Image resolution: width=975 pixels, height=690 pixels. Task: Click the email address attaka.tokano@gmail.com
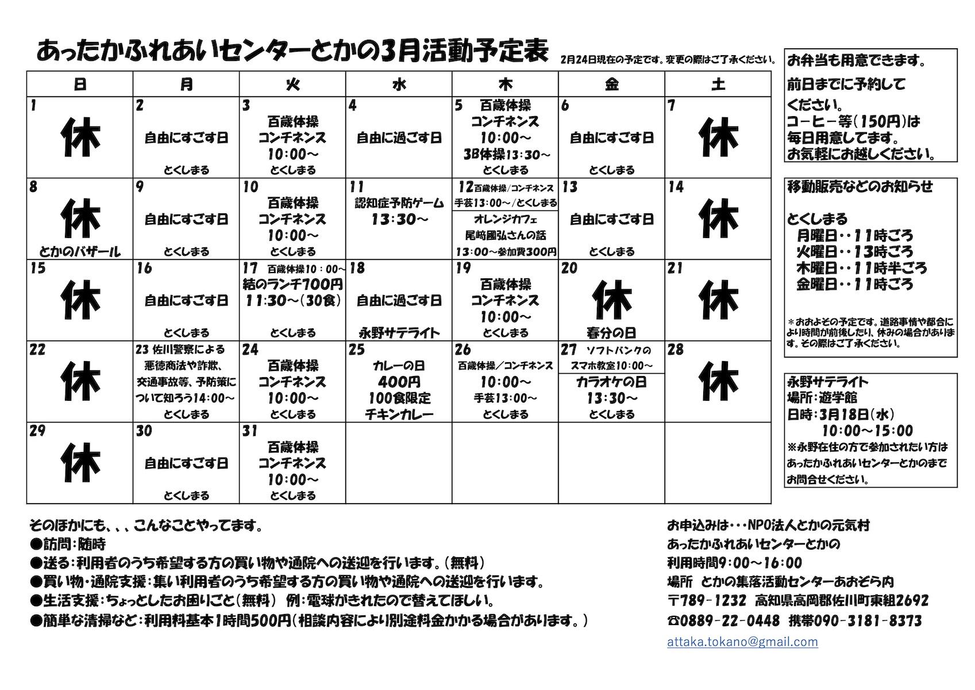click(x=742, y=642)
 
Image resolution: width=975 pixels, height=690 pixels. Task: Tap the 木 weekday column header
click(x=505, y=84)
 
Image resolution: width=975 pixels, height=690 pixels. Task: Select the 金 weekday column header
click(x=611, y=84)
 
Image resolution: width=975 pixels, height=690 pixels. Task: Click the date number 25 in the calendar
click(x=357, y=350)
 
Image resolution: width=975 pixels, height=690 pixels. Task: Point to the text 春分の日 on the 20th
click(x=611, y=332)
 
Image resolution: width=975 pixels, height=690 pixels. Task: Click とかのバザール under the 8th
click(x=80, y=251)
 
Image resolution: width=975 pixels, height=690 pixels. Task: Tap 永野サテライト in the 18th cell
click(x=399, y=332)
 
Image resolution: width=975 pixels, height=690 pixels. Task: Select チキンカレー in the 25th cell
click(x=399, y=414)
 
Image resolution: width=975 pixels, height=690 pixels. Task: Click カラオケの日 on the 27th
click(x=611, y=382)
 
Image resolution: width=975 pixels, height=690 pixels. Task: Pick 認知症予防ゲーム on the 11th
click(x=399, y=203)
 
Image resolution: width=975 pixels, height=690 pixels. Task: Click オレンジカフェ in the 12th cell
click(x=505, y=219)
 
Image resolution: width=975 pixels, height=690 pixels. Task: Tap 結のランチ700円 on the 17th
click(x=292, y=284)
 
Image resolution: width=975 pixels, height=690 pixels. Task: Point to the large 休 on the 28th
click(x=718, y=381)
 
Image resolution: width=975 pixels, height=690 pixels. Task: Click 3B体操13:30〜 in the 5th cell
click(x=506, y=154)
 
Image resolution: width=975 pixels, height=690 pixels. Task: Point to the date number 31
click(x=249, y=431)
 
